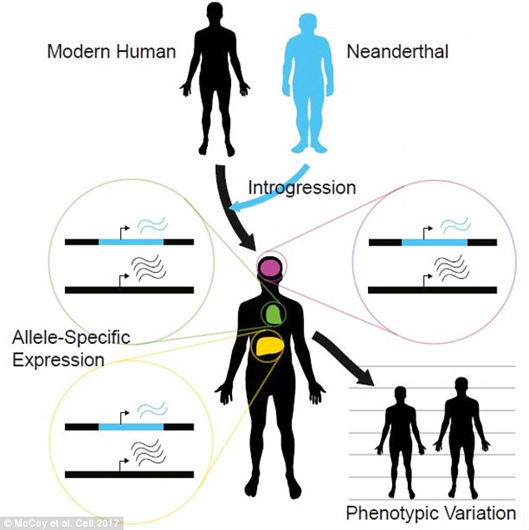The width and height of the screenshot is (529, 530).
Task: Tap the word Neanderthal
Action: [398, 52]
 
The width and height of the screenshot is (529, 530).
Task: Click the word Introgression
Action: [302, 188]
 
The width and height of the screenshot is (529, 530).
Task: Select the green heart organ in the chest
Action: [273, 313]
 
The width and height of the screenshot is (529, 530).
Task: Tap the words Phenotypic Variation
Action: [431, 513]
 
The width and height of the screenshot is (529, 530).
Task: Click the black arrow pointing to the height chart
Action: [342, 357]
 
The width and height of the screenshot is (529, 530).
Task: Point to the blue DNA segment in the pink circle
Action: [435, 242]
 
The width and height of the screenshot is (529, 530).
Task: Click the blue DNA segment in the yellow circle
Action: [131, 427]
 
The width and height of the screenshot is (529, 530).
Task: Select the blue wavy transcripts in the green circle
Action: [153, 225]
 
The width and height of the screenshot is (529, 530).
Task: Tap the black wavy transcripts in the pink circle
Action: [451, 269]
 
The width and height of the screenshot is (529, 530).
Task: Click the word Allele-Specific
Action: [71, 338]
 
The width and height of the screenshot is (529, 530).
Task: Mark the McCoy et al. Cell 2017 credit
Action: [61, 523]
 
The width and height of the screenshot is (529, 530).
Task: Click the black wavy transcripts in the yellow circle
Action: [149, 452]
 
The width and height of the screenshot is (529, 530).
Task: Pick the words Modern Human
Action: [112, 52]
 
